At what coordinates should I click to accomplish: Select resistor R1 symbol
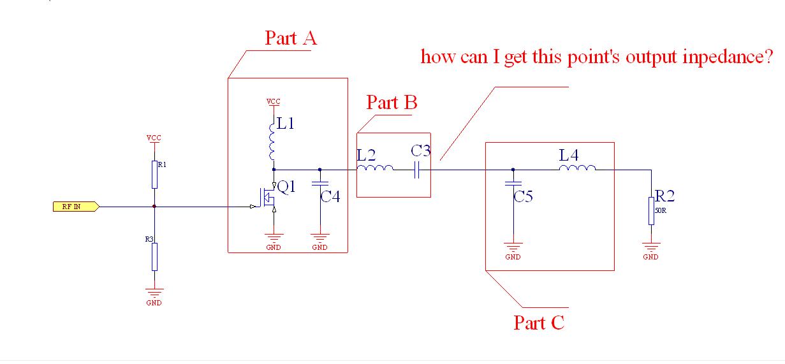(x=154, y=175)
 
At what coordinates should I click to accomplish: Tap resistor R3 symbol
(x=154, y=256)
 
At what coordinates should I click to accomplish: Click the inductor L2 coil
(x=375, y=170)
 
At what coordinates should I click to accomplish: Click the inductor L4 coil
(x=577, y=169)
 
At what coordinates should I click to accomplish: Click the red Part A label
(x=291, y=38)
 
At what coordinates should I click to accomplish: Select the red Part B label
(x=392, y=103)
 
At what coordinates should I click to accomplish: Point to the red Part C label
(x=539, y=323)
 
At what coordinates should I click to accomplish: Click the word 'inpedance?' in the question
(x=728, y=57)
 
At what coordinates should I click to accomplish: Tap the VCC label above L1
(x=274, y=101)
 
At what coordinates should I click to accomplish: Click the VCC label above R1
(x=154, y=138)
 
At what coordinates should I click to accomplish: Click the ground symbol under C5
(x=513, y=249)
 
